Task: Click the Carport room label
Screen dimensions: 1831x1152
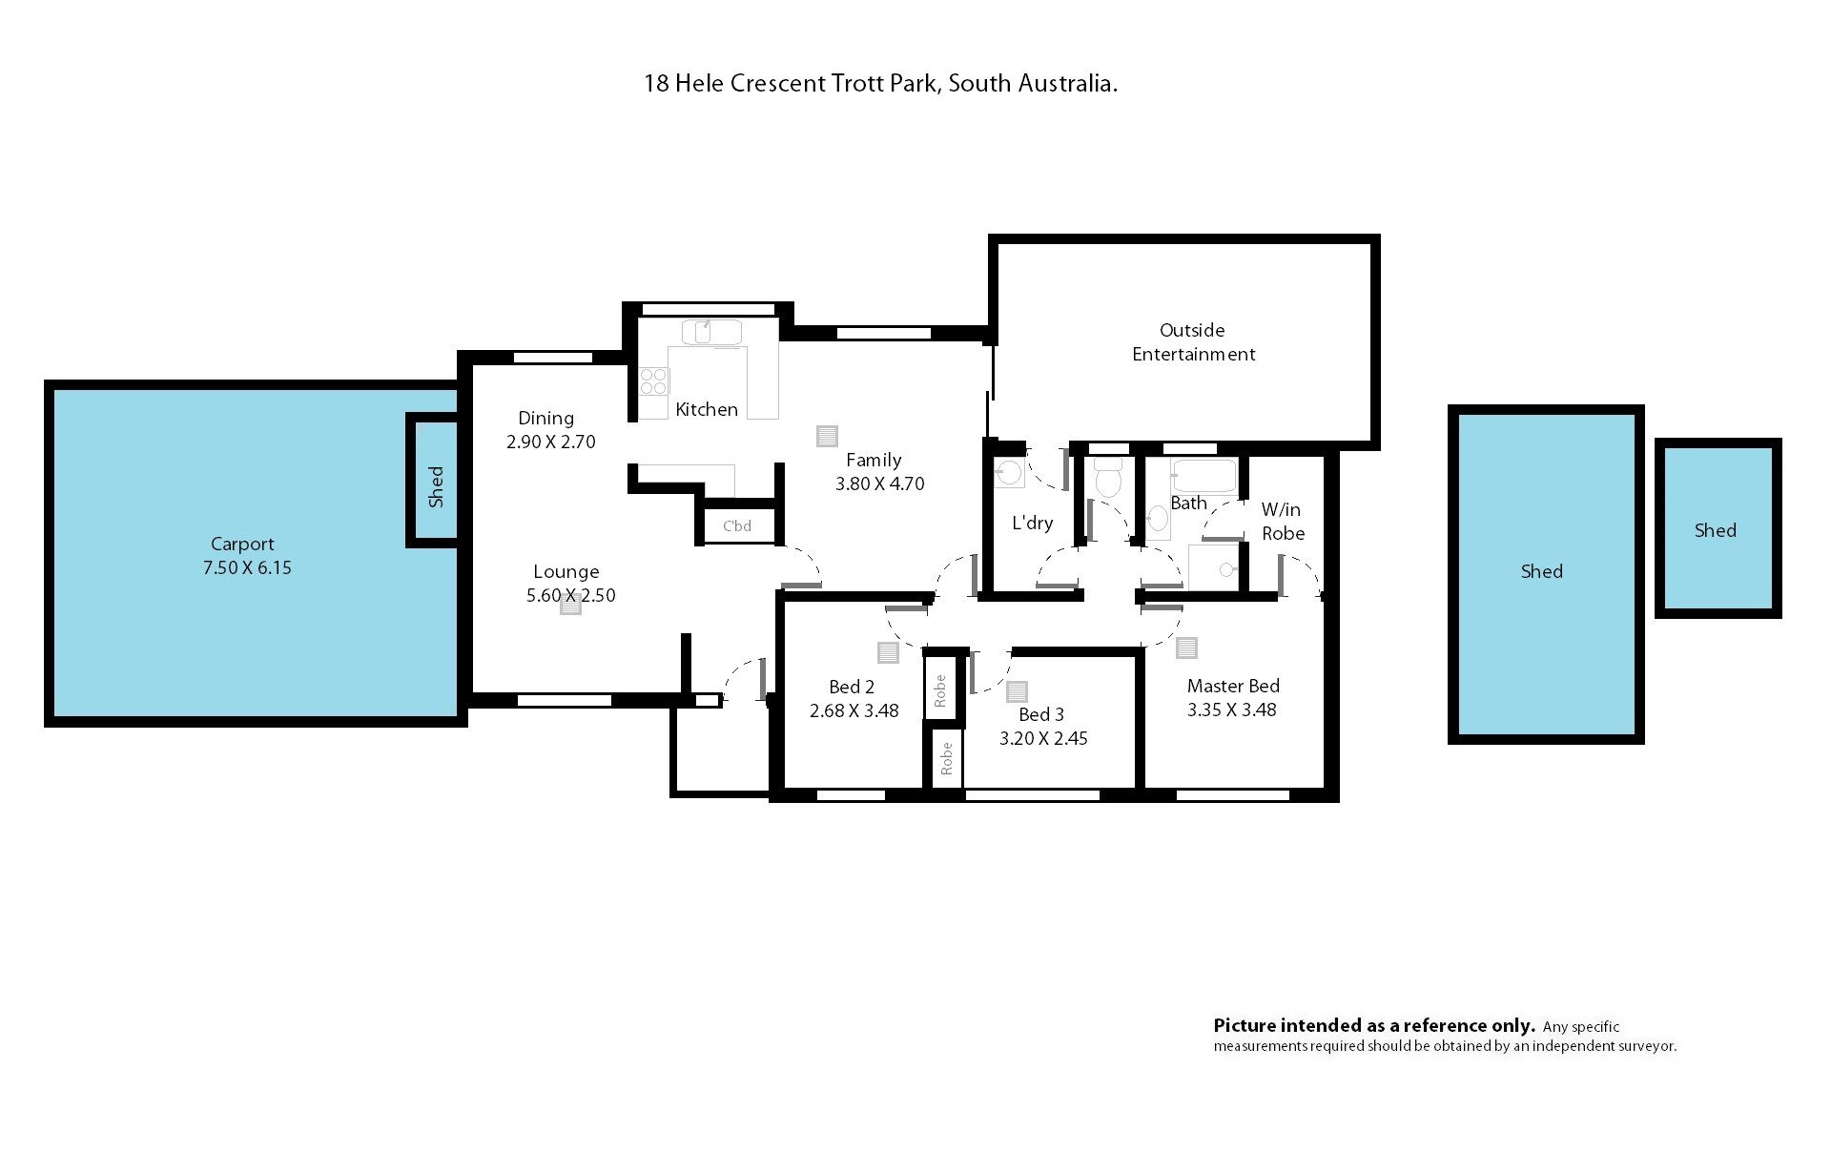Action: (242, 544)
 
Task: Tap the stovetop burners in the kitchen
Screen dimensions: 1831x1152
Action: (654, 381)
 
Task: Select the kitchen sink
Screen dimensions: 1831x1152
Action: (711, 333)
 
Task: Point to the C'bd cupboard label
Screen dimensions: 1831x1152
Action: (737, 525)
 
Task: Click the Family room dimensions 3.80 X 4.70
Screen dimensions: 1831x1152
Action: (879, 483)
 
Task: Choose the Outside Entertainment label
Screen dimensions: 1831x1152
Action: (1193, 341)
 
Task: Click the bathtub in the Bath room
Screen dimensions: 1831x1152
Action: (1204, 475)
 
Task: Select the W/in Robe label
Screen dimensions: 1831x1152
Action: (1283, 521)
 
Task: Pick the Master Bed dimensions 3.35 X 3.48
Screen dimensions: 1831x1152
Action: (1231, 710)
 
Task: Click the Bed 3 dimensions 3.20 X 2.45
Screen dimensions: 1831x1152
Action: (1043, 738)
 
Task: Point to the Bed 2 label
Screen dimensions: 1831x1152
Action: (852, 687)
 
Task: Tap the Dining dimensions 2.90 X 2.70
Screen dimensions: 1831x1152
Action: (550, 442)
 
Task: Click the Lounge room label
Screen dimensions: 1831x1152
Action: (566, 571)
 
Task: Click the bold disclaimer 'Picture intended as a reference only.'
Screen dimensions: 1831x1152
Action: (1374, 1026)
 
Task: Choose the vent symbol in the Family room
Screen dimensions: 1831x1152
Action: (827, 436)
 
